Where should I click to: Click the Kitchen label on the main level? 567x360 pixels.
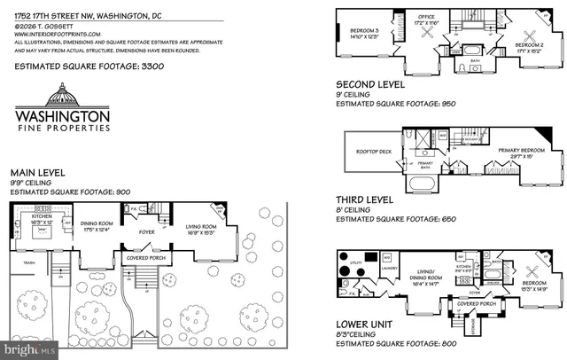click(x=41, y=215)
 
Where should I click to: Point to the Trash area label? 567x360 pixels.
click(x=29, y=262)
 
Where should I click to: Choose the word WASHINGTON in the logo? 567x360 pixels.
click(x=63, y=115)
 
